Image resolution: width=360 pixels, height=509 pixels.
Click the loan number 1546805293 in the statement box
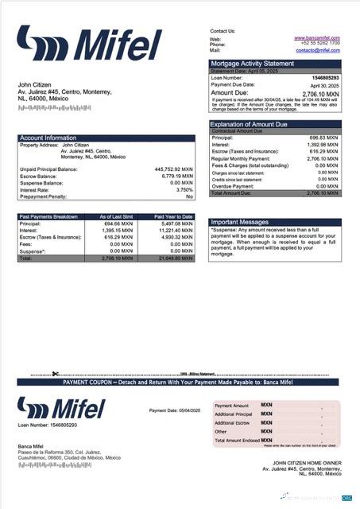point(325,78)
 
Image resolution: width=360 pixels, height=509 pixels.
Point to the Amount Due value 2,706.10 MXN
point(321,93)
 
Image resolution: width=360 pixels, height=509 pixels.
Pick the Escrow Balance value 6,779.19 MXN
point(175,177)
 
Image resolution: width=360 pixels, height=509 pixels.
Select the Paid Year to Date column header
point(174,216)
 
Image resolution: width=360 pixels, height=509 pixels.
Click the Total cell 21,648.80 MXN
point(176,258)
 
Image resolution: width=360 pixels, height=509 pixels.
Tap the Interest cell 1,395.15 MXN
point(116,231)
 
